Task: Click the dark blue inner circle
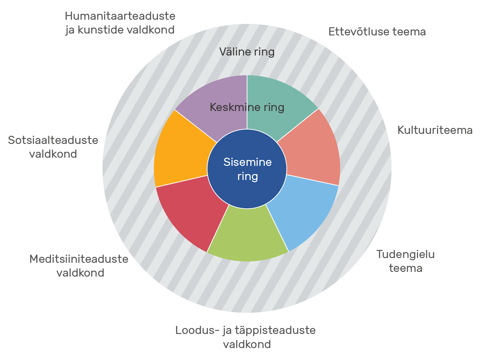tap(247, 169)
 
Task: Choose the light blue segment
tap(303, 211)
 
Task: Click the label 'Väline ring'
tap(247, 52)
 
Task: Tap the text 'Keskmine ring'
tap(247, 108)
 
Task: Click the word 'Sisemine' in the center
tap(248, 162)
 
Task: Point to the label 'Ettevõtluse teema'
tap(377, 32)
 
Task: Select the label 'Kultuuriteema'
tap(435, 130)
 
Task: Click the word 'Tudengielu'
tap(405, 255)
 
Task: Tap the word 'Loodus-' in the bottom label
tap(197, 331)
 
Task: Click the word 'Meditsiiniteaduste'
tap(79, 259)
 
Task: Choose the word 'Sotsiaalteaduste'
tap(53, 140)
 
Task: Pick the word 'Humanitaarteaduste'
tap(120, 16)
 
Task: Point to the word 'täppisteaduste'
tap(276, 331)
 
